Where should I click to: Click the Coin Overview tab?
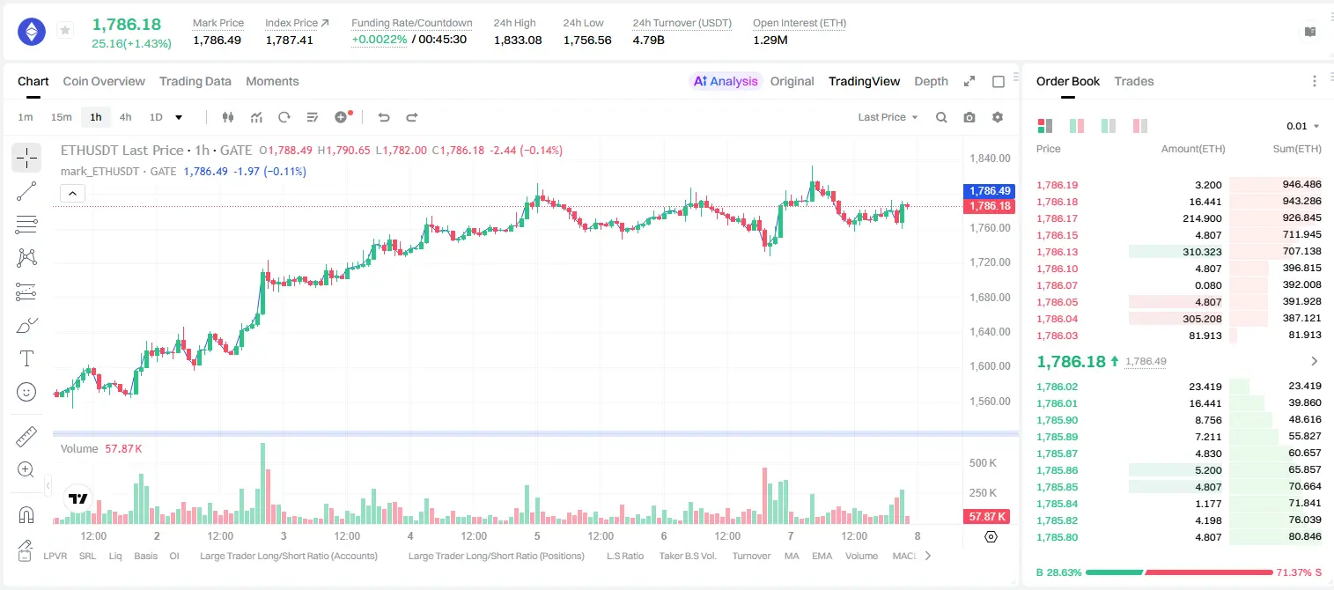[104, 81]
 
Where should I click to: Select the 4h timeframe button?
[125, 117]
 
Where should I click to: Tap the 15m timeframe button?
[61, 117]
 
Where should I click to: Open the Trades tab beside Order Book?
[1134, 81]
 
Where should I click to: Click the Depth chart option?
[931, 81]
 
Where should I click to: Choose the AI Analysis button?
[726, 81]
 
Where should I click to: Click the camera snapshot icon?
[969, 117]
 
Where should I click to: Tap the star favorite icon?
[65, 30]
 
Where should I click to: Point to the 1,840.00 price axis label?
[990, 159]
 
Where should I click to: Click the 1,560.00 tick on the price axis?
[990, 402]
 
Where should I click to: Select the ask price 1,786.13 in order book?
[1058, 252]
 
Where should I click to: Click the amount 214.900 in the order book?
[1202, 218]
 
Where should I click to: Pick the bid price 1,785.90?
[1058, 420]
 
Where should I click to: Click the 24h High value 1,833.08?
[518, 40]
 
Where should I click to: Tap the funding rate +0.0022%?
[380, 40]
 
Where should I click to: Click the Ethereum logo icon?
[32, 31]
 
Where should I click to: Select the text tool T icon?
[26, 358]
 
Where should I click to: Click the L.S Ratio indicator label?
[624, 556]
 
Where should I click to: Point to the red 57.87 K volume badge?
[987, 517]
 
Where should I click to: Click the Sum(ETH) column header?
[1297, 149]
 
